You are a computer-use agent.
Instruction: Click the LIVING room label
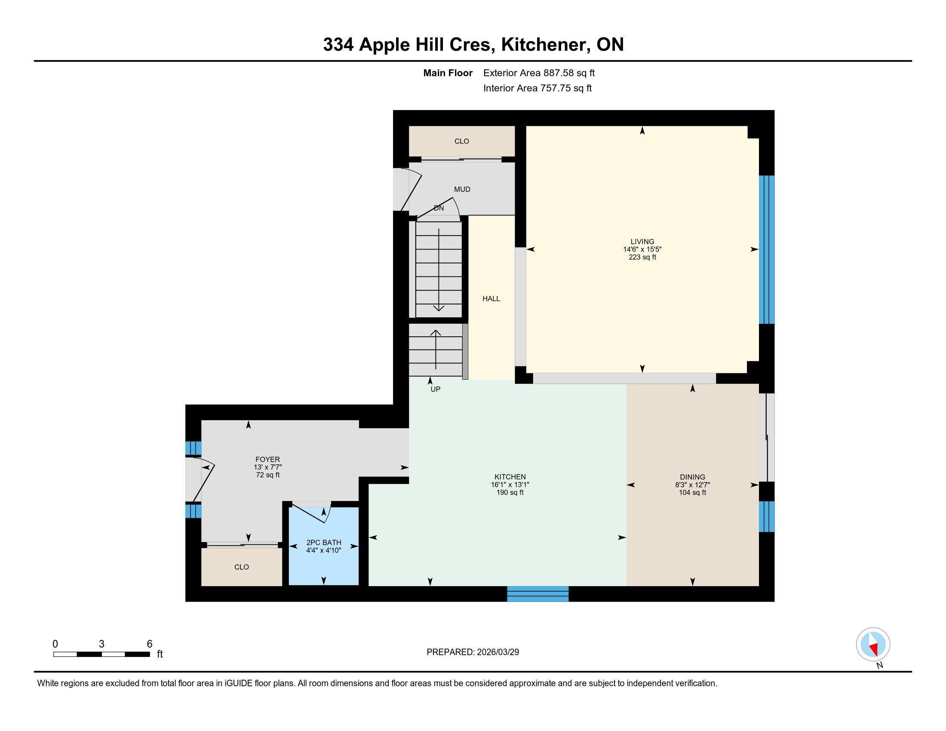(x=642, y=242)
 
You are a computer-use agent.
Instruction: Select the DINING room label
(x=693, y=477)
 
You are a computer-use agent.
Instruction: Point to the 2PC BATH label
(x=323, y=543)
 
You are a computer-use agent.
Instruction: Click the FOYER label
(x=268, y=460)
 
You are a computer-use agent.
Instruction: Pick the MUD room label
(x=462, y=189)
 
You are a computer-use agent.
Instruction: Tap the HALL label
(x=491, y=298)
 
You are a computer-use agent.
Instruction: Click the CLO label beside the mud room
(x=462, y=141)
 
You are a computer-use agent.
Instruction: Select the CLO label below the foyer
(x=242, y=567)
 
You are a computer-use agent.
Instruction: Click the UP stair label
(x=435, y=389)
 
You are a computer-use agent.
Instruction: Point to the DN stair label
(x=439, y=208)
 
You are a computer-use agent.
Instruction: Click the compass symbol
(x=873, y=645)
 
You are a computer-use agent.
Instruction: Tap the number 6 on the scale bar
(x=150, y=644)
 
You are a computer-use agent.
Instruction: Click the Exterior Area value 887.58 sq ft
(x=569, y=73)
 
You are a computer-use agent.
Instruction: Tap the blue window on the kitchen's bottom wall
(x=537, y=594)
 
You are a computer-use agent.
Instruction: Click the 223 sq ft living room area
(x=642, y=257)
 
